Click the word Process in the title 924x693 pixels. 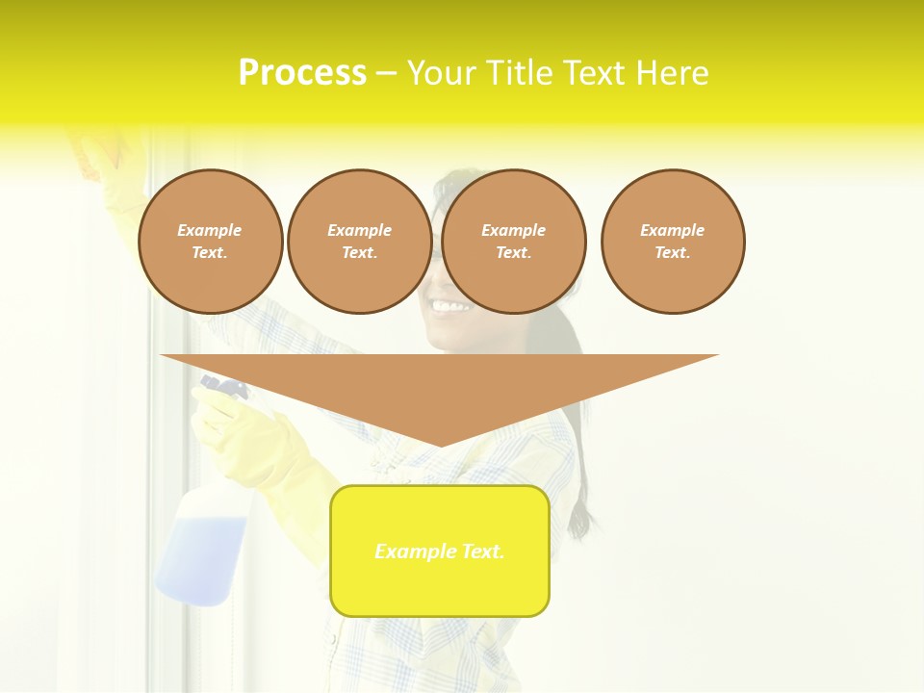tap(302, 73)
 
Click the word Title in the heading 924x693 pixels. tap(520, 73)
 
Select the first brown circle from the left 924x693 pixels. tap(210, 242)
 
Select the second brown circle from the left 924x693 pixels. tap(359, 242)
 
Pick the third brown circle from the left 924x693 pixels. tap(513, 242)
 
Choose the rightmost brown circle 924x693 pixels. tap(673, 242)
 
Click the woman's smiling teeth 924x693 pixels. tap(450, 307)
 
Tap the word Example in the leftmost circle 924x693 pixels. tap(210, 230)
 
